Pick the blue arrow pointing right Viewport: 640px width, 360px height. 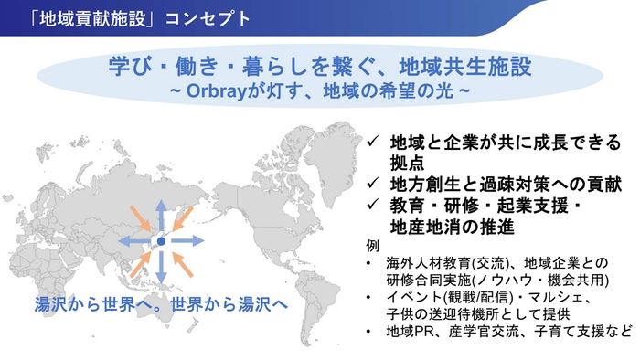click(188, 241)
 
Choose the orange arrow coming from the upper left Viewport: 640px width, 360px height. click(137, 218)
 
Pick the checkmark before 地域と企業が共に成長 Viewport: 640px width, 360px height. click(373, 143)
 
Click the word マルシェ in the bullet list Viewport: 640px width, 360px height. click(551, 299)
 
